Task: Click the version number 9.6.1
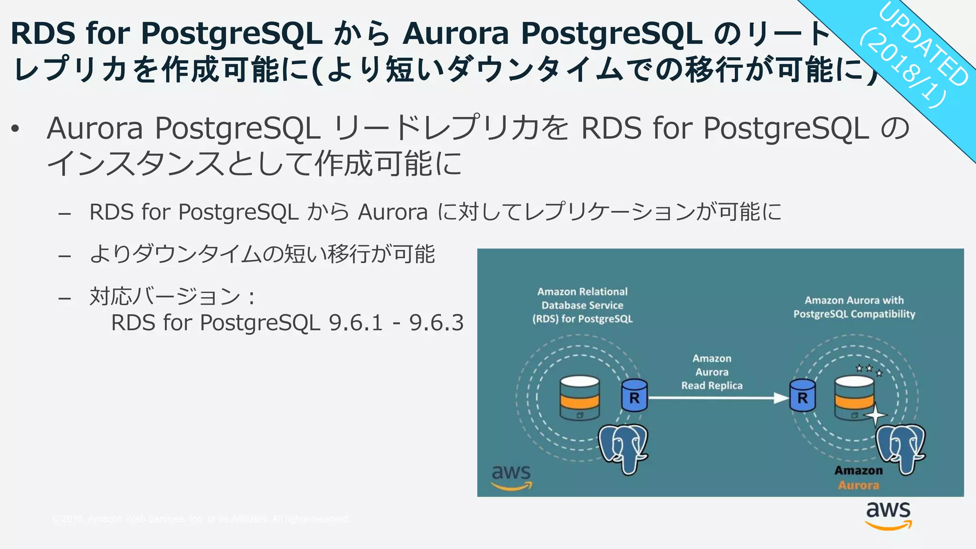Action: pyautogui.click(x=356, y=323)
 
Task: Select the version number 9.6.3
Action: pyautogui.click(x=436, y=323)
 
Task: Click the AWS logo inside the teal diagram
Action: pyautogui.click(x=511, y=477)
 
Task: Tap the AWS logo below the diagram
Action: pyautogui.click(x=888, y=515)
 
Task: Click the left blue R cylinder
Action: pyautogui.click(x=634, y=396)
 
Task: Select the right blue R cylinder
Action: pyautogui.click(x=803, y=396)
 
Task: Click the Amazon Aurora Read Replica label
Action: pyautogui.click(x=712, y=372)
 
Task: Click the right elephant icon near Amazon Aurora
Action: pyautogui.click(x=900, y=447)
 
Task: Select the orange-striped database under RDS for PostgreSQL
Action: pyautogui.click(x=579, y=397)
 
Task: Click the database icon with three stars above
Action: pyautogui.click(x=854, y=397)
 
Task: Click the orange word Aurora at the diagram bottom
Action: pyautogui.click(x=858, y=485)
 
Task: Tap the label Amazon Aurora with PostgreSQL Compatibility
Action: pyautogui.click(x=854, y=307)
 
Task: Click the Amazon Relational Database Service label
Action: pyautogui.click(x=582, y=305)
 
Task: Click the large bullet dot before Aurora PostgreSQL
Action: pyautogui.click(x=16, y=129)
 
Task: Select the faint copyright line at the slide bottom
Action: pyautogui.click(x=200, y=519)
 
